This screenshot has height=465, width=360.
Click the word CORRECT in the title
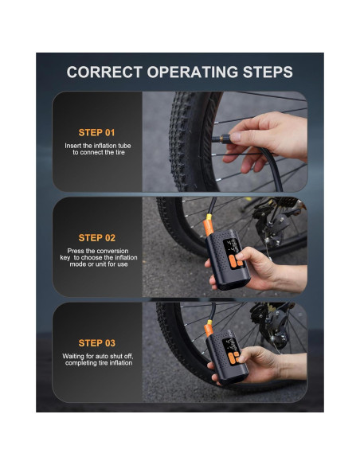[x=104, y=72]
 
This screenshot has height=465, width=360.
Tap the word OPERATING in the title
[x=193, y=72]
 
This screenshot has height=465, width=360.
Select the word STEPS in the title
[x=268, y=72]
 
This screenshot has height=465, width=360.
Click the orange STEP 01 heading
[x=96, y=132]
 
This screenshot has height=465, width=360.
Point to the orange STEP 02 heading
[x=96, y=238]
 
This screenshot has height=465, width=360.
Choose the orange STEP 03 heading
[x=96, y=343]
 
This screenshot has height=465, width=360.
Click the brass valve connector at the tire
[x=224, y=139]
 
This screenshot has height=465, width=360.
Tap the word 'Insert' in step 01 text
[x=72, y=146]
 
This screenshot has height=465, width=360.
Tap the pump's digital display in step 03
[x=231, y=345]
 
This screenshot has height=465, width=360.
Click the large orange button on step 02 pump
[x=233, y=262]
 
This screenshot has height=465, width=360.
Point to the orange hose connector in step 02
[x=209, y=225]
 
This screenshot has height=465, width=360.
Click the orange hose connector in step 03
[x=209, y=328]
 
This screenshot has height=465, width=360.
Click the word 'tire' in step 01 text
[x=119, y=152]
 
